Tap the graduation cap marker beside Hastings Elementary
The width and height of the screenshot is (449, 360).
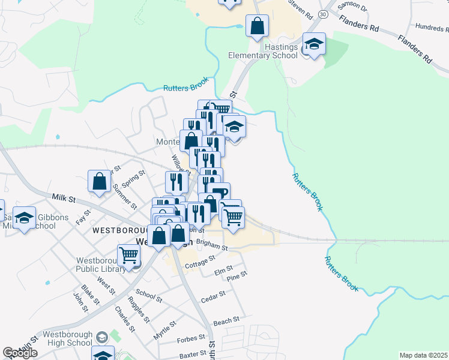[313, 44]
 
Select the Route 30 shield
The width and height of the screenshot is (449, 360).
[324, 13]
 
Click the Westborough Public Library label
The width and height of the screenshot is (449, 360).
[101, 265]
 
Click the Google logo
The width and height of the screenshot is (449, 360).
[20, 353]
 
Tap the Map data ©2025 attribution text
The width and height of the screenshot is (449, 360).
[423, 355]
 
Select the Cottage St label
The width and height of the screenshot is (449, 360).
[200, 262]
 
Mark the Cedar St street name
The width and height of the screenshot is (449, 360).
[213, 296]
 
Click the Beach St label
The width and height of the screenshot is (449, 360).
[226, 320]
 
